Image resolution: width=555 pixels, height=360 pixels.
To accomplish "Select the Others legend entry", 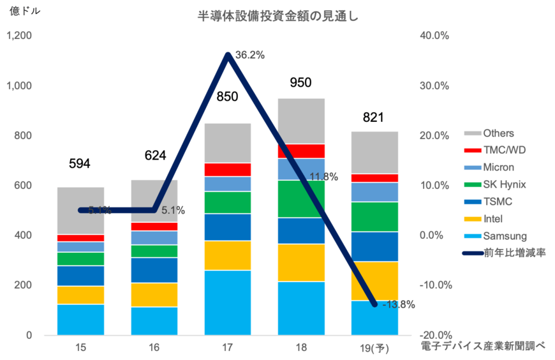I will (x=498, y=133).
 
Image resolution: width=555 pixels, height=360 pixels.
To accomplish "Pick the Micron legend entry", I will (x=498, y=168).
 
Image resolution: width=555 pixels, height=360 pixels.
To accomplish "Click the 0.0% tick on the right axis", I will (x=436, y=236).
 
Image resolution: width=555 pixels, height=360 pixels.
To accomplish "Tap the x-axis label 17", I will (x=228, y=349).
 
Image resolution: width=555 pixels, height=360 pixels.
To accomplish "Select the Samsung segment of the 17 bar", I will (x=228, y=303).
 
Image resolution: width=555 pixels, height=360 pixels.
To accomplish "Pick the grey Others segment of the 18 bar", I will (x=302, y=120).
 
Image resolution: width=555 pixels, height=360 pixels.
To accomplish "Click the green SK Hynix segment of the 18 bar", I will (x=302, y=199).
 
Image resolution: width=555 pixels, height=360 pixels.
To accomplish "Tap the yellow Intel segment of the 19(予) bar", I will (x=375, y=281).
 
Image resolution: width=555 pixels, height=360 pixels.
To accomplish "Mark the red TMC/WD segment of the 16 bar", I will (x=154, y=227).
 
